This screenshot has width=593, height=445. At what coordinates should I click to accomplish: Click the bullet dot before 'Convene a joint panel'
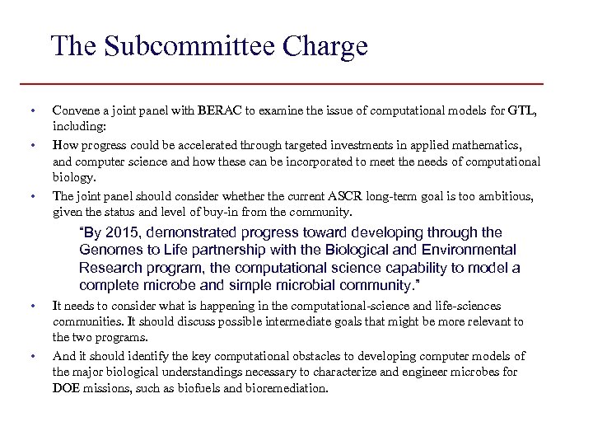click(31, 110)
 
